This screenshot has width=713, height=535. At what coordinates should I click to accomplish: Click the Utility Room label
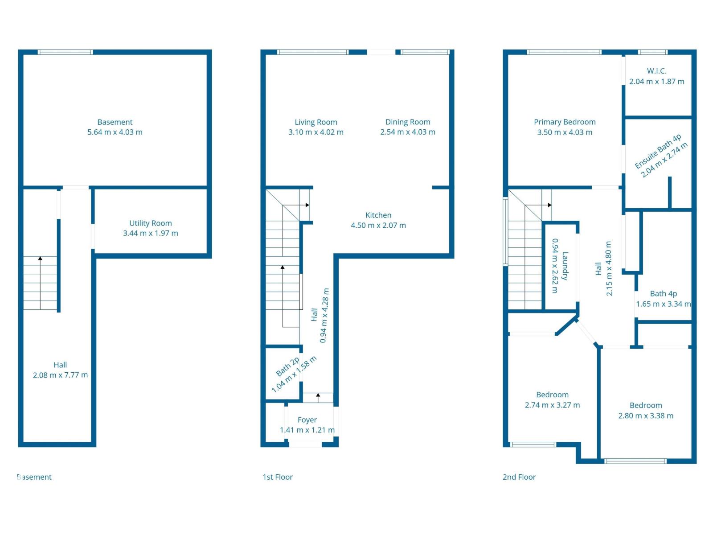click(150, 223)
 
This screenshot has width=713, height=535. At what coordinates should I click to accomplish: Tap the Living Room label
click(316, 122)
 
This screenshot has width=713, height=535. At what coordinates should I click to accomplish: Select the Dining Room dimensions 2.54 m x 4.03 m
click(407, 132)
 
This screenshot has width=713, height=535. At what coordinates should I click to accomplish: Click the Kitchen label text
click(378, 215)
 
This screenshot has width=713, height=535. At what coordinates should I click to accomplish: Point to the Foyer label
click(307, 420)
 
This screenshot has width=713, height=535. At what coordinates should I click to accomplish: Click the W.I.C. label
click(656, 71)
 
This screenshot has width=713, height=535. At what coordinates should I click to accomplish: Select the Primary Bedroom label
click(565, 122)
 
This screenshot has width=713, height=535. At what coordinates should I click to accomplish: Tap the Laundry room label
click(565, 266)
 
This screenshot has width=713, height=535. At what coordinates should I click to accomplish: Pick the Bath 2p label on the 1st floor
click(287, 366)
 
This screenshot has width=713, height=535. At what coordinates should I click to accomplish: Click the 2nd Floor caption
click(519, 477)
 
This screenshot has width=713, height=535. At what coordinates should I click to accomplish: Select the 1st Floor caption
click(278, 477)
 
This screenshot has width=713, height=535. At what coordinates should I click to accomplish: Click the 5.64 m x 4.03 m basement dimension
click(115, 132)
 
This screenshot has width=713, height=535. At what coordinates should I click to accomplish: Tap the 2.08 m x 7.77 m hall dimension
click(60, 375)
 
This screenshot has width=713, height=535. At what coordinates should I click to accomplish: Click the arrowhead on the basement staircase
click(40, 258)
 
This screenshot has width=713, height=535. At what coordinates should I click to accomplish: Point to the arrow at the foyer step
click(318, 395)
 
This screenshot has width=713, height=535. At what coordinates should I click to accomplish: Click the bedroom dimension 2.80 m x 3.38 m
click(646, 416)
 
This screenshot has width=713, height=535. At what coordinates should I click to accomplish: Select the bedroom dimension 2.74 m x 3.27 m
click(552, 405)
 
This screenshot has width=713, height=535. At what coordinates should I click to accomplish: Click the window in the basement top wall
click(65, 52)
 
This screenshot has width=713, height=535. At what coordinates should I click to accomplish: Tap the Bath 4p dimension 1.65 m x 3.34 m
click(663, 304)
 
